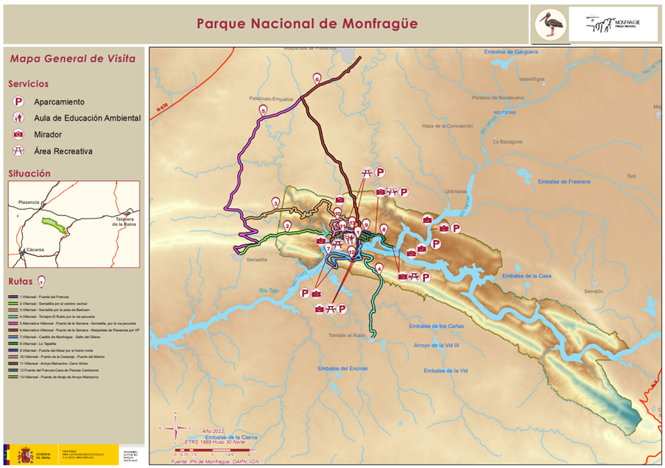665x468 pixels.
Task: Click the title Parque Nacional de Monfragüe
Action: pyautogui.click(x=307, y=24)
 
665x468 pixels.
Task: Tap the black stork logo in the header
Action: pyautogui.click(x=550, y=24)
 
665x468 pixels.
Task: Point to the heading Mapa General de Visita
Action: pyautogui.click(x=71, y=59)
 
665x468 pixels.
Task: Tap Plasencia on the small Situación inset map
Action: pyautogui.click(x=29, y=202)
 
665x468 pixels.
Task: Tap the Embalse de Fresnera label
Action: pyautogui.click(x=564, y=182)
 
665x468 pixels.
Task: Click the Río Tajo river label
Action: pyautogui.click(x=271, y=291)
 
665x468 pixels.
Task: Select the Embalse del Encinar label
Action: pyautogui.click(x=342, y=368)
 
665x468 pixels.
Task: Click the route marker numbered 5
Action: pyautogui.click(x=262, y=110)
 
